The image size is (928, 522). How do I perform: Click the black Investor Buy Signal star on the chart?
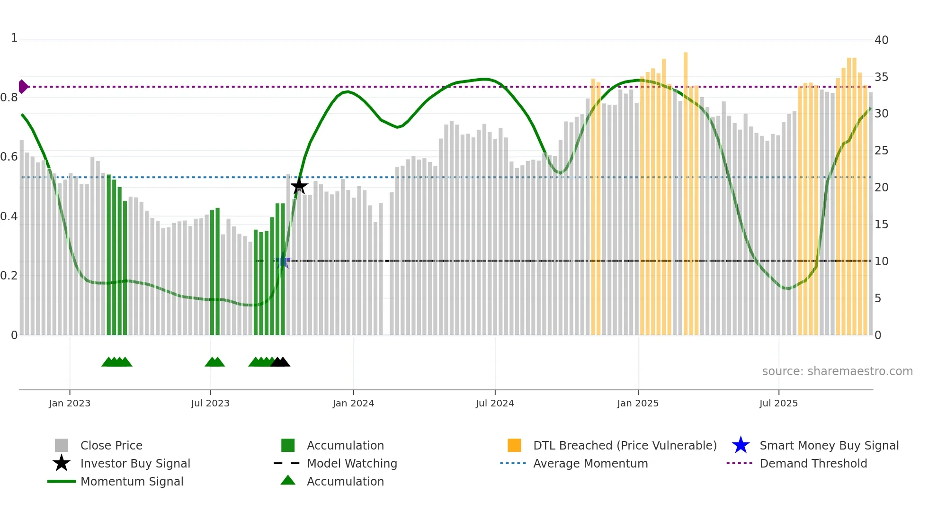point(299,186)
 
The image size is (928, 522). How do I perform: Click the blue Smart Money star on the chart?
point(283,261)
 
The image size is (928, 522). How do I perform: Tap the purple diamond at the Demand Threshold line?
point(23,87)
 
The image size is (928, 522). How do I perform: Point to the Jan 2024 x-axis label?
point(353,404)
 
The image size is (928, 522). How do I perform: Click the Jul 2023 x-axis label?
point(210,404)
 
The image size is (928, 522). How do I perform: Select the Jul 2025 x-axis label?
point(778,404)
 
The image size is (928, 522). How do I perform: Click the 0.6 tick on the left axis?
point(9,157)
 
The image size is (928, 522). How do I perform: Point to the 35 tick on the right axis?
point(881,77)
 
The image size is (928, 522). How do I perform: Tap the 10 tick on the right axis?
point(881,261)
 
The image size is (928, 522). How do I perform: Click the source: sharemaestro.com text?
point(837,371)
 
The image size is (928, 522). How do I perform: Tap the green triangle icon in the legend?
point(288,481)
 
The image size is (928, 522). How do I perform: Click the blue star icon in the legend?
point(741,445)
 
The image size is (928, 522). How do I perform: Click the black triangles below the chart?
point(280,362)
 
